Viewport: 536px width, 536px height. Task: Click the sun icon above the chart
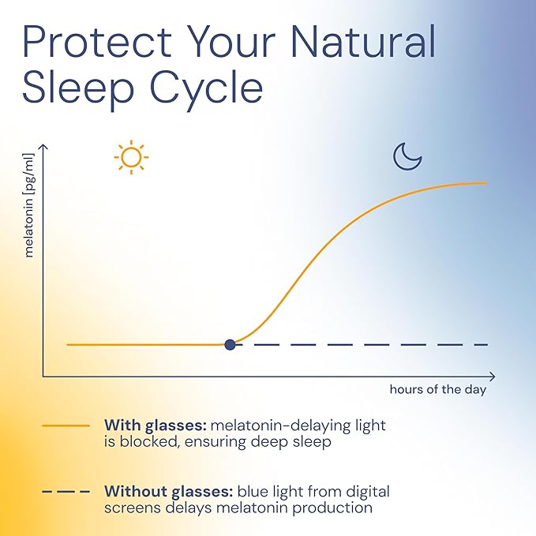[131, 157]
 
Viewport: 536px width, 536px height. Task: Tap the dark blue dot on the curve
[230, 344]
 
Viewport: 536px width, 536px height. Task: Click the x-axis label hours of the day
[437, 389]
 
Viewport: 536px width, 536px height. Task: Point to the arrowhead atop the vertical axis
[43, 148]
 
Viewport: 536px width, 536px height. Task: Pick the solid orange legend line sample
[66, 425]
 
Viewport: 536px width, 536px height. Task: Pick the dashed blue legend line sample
[66, 492]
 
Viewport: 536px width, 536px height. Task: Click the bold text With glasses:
[155, 425]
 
